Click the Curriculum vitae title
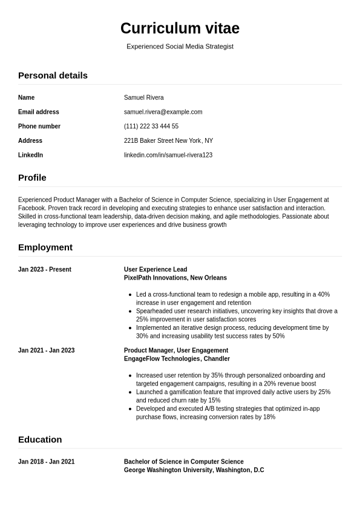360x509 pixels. tap(180, 28)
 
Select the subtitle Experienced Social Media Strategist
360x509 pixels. tap(180, 47)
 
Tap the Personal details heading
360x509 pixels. tap(53, 76)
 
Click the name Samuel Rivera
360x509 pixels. tap(143, 97)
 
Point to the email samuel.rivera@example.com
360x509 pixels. tap(163, 112)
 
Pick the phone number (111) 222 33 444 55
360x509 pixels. tap(151, 126)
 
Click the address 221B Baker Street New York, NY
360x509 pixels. tap(168, 141)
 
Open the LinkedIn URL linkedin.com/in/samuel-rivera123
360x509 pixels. tap(168, 156)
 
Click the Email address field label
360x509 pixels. tap(39, 112)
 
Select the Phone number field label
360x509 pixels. tap(39, 126)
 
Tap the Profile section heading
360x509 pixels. tap(32, 178)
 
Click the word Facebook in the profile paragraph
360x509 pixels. tap(31, 208)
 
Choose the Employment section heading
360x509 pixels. tap(45, 248)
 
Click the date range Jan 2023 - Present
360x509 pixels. tap(45, 270)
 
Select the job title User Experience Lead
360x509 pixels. tap(155, 270)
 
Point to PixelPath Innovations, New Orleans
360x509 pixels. tap(175, 278)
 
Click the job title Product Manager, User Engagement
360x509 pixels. tap(175, 350)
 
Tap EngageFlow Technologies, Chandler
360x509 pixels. tap(177, 359)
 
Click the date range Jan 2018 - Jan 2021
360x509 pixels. tap(46, 462)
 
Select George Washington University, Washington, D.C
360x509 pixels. tap(194, 470)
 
